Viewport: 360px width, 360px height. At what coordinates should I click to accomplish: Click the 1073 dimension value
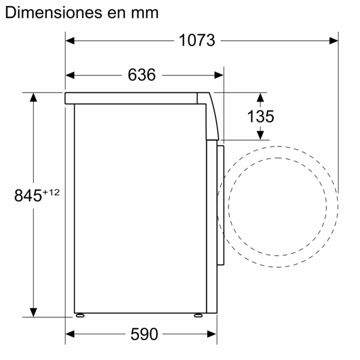tap(196, 41)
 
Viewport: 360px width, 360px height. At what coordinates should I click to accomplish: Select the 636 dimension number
tap(142, 75)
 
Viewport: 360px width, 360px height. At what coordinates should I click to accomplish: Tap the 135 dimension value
tap(261, 116)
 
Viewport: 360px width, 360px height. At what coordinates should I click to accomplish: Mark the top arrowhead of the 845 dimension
tap(33, 97)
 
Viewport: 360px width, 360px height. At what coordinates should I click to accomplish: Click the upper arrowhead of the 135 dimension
tap(261, 97)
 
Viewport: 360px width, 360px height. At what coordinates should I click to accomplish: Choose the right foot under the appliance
tap(197, 314)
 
